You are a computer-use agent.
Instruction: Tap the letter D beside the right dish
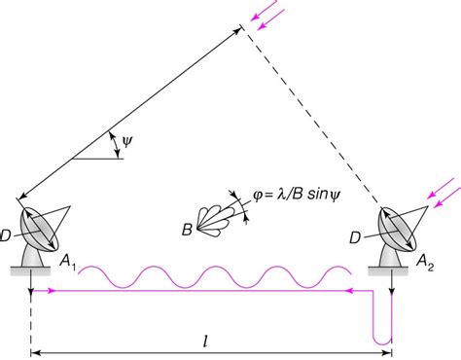click(x=355, y=234)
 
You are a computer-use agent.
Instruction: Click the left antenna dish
click(x=47, y=227)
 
